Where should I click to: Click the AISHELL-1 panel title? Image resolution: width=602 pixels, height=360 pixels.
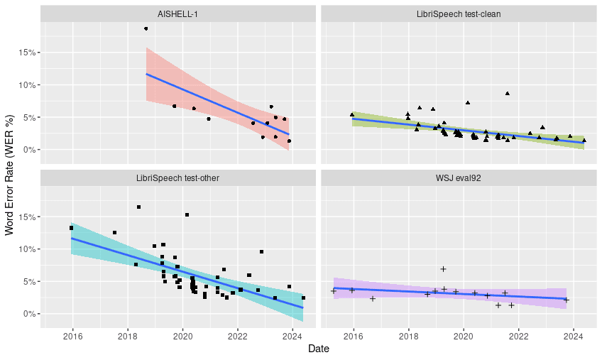click(177, 13)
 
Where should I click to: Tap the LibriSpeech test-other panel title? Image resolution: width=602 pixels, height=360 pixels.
click(177, 178)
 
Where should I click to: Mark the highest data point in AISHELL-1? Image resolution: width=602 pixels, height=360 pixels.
click(146, 29)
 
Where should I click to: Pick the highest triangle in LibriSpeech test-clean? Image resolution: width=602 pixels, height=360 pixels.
click(508, 93)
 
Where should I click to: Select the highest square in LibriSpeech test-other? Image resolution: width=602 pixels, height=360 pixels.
click(138, 207)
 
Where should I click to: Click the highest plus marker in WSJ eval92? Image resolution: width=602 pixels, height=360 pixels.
click(443, 269)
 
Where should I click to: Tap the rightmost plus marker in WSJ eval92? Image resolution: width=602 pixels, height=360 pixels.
click(566, 300)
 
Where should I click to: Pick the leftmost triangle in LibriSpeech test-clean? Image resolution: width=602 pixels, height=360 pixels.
click(351, 114)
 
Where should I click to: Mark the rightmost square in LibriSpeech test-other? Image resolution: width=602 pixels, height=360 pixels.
click(303, 298)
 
